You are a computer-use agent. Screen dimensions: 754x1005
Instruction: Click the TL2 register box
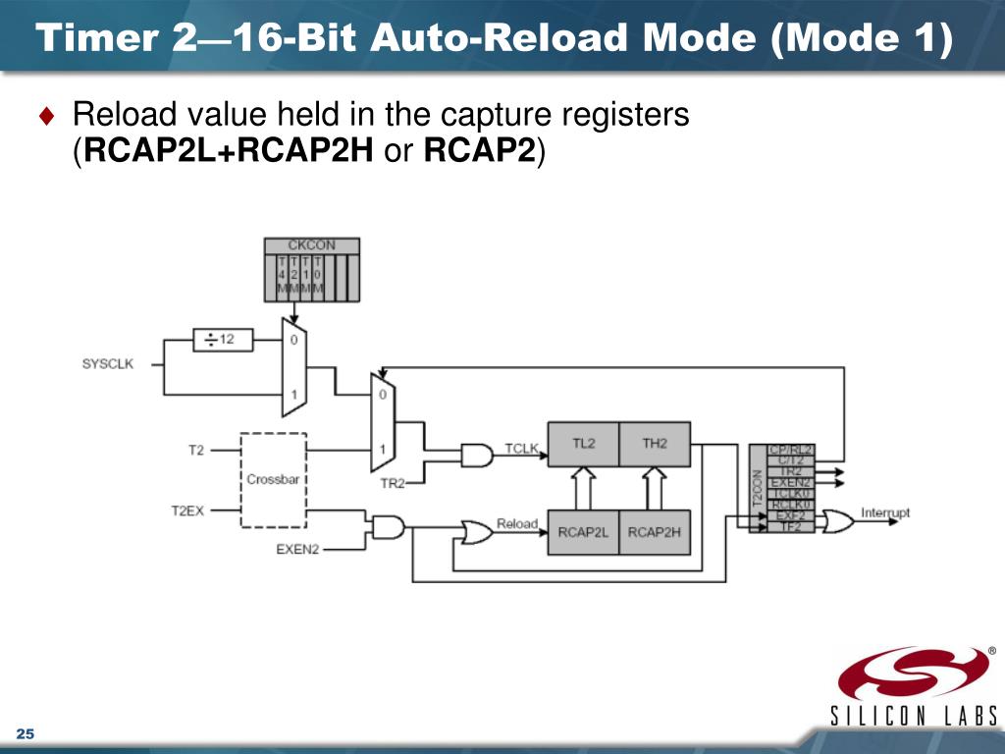[x=583, y=444]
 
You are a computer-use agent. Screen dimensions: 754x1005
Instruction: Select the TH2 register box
[x=655, y=444]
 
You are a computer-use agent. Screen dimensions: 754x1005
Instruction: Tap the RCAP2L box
[x=583, y=532]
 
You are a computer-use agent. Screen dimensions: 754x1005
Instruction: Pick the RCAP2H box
[x=655, y=532]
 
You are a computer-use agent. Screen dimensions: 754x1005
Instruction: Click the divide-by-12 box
[x=223, y=340]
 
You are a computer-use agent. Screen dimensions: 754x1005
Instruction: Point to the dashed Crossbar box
[x=273, y=479]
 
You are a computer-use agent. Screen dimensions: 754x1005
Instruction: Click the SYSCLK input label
[x=107, y=364]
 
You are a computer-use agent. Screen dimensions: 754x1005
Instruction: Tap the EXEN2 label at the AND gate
[x=297, y=549]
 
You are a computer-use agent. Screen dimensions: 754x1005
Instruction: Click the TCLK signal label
[x=521, y=449]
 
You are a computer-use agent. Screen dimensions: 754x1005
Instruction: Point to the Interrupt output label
[x=885, y=512]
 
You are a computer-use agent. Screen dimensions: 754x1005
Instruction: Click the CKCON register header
[x=311, y=245]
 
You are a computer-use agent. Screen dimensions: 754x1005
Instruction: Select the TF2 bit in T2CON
[x=789, y=527]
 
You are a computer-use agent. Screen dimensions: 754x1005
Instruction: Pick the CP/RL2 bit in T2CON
[x=789, y=450]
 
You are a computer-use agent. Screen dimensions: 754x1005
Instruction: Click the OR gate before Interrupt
[x=838, y=520]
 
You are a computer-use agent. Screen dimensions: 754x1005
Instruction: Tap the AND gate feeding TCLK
[x=477, y=456]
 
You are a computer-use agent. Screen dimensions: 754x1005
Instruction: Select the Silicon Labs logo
[x=914, y=687]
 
